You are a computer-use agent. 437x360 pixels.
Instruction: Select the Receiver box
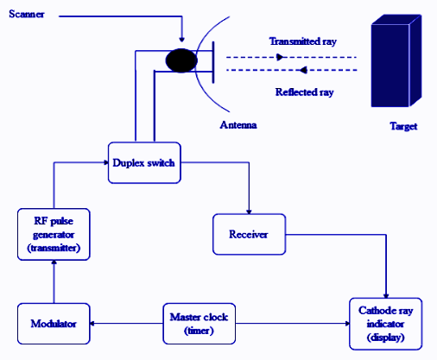tap(250, 234)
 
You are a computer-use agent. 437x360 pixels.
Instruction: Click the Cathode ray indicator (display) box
tap(385, 323)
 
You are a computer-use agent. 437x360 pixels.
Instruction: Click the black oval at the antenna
tap(181, 60)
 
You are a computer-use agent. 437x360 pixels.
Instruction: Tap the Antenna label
tap(238, 125)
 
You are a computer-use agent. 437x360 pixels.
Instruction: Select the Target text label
tap(402, 126)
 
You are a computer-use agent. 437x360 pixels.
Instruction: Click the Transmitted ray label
tap(299, 41)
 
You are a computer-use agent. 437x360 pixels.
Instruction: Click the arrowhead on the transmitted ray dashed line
tap(280, 57)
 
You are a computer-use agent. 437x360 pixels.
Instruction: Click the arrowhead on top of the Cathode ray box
tap(385, 295)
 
